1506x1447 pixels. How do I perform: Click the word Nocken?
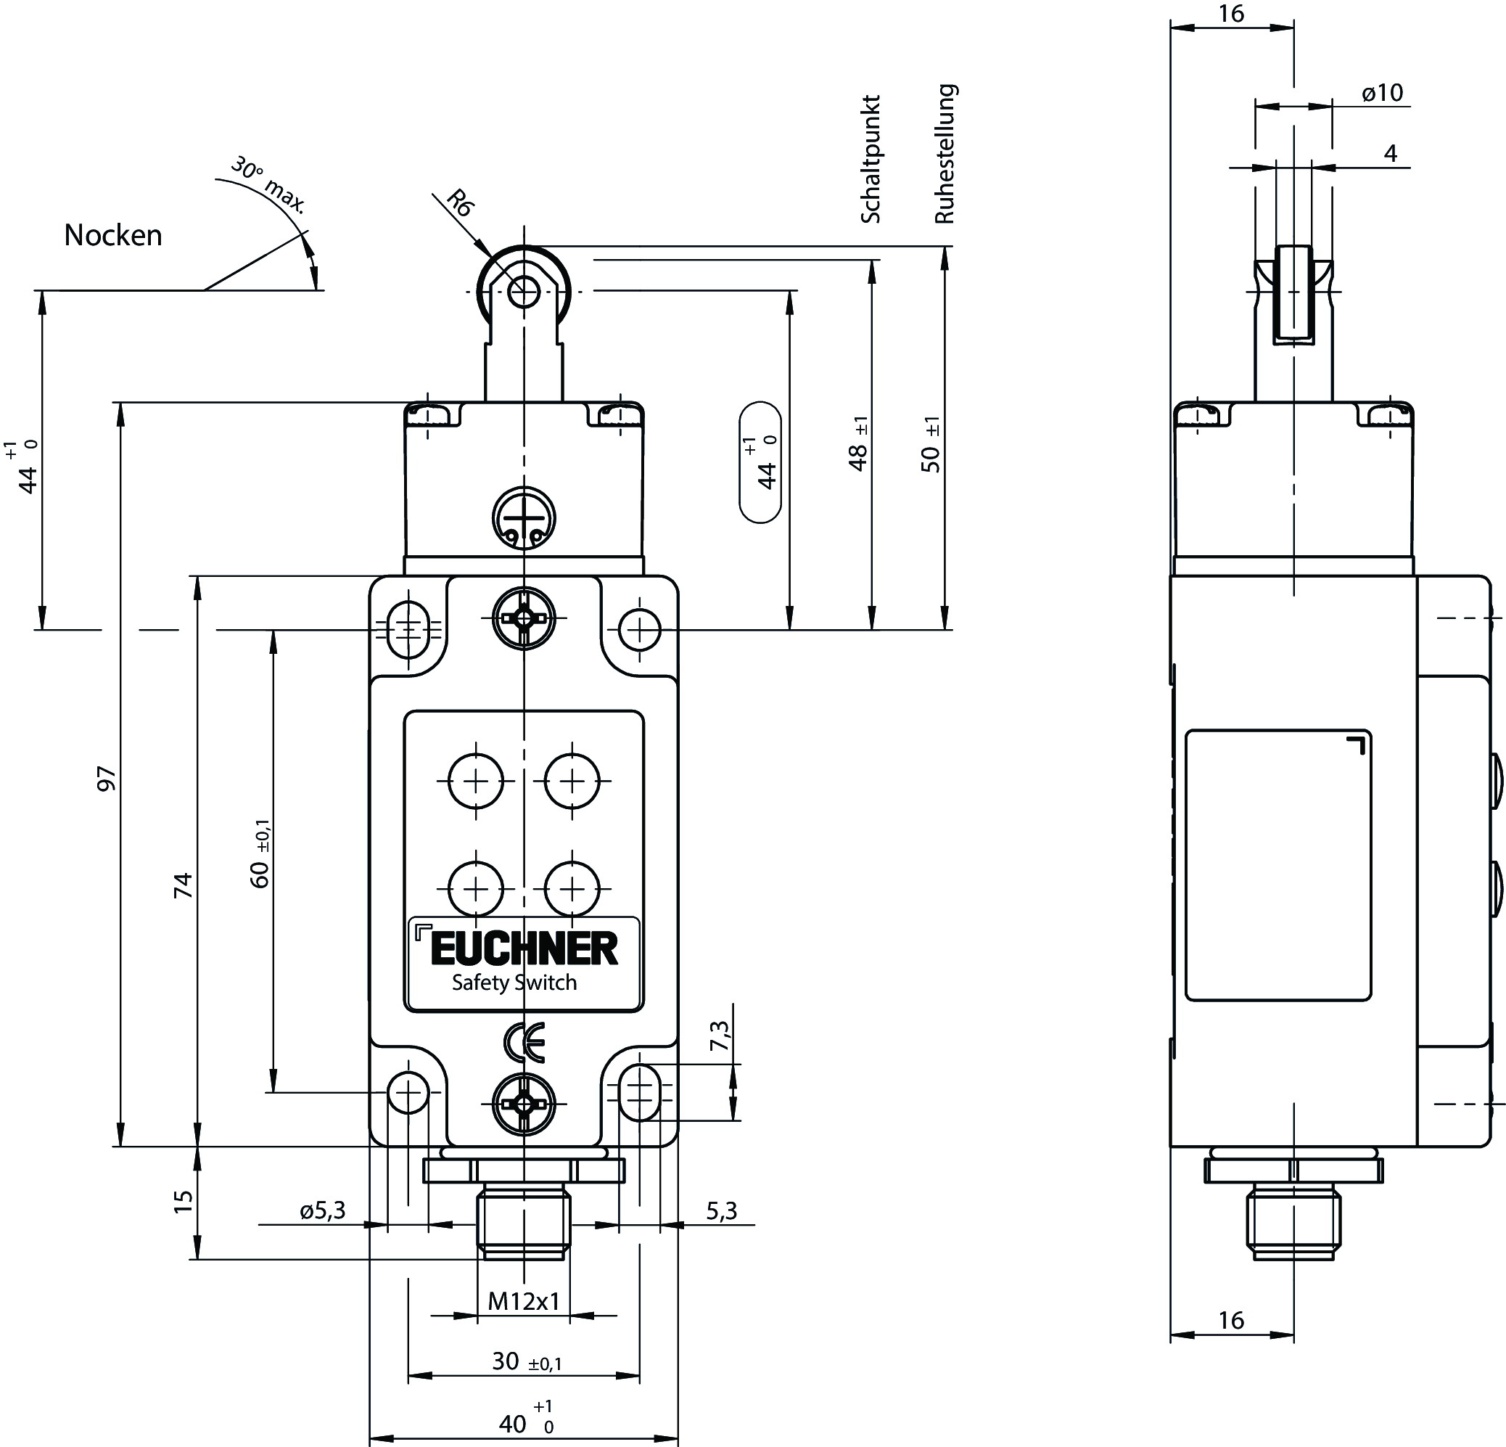click(113, 235)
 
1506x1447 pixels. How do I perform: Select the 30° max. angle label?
click(268, 185)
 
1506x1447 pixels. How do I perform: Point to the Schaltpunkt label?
click(871, 160)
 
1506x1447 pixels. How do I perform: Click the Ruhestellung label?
click(945, 154)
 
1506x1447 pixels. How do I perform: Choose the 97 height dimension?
click(107, 779)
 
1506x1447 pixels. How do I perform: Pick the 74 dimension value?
click(183, 885)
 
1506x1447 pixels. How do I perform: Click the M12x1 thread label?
click(524, 1302)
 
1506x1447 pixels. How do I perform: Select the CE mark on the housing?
click(524, 1042)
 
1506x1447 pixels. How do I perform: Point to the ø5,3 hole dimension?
click(323, 1211)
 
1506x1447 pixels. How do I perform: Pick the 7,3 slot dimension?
click(720, 1035)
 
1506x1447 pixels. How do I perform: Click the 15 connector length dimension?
click(183, 1202)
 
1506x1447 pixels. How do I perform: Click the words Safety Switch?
click(514, 983)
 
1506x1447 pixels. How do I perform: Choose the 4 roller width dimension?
click(1390, 154)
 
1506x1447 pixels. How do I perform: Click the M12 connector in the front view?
click(524, 1222)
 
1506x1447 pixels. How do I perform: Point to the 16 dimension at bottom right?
click(1231, 1320)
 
